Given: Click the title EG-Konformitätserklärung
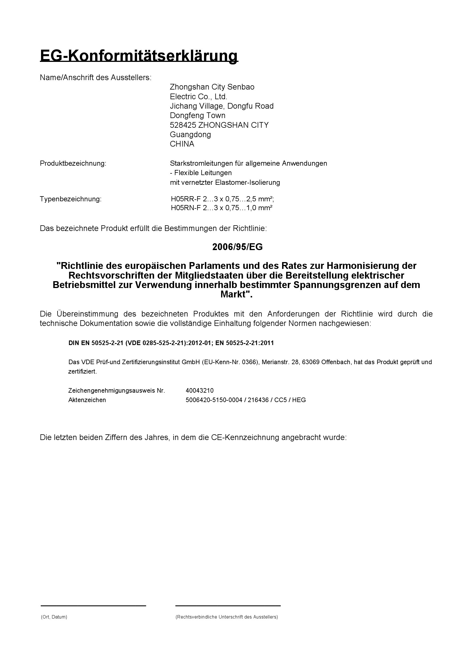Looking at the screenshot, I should click(x=139, y=56).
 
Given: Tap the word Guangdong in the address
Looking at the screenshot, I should click(x=190, y=135).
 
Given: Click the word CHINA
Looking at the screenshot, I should click(x=182, y=144).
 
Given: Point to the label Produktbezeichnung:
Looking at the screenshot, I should click(x=73, y=163).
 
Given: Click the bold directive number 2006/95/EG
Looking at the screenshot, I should click(x=237, y=247).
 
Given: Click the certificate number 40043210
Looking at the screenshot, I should click(x=200, y=390).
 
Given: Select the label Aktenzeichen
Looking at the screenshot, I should click(x=87, y=400).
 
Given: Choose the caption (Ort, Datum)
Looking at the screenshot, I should click(x=54, y=617).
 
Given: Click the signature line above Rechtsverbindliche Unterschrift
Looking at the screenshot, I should click(x=228, y=606).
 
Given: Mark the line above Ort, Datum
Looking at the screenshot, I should click(x=93, y=606).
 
